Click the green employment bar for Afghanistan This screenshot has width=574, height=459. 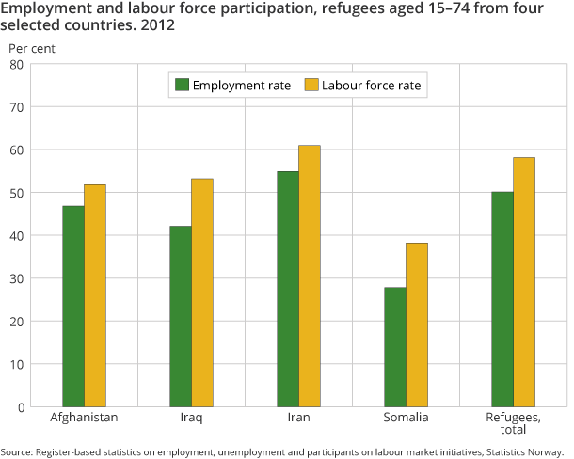[73, 306]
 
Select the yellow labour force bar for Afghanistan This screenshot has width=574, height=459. [95, 295]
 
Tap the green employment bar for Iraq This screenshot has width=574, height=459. [181, 316]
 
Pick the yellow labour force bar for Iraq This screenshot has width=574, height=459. [202, 293]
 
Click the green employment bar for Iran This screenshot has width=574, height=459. [288, 289]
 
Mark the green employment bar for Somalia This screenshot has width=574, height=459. [395, 346]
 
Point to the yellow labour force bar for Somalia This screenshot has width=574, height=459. [417, 324]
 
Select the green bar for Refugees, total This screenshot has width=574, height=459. [502, 299]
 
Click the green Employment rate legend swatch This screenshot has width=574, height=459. [182, 86]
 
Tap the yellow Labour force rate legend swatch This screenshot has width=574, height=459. [311, 86]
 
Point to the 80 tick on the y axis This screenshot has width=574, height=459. [16, 64]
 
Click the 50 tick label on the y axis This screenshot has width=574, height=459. [16, 193]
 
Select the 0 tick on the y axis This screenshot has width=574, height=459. [20, 406]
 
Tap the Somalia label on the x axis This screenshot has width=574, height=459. [406, 417]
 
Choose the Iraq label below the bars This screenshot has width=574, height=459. [192, 417]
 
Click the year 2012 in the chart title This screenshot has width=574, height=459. [156, 26]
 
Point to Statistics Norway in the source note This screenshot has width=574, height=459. [528, 451]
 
